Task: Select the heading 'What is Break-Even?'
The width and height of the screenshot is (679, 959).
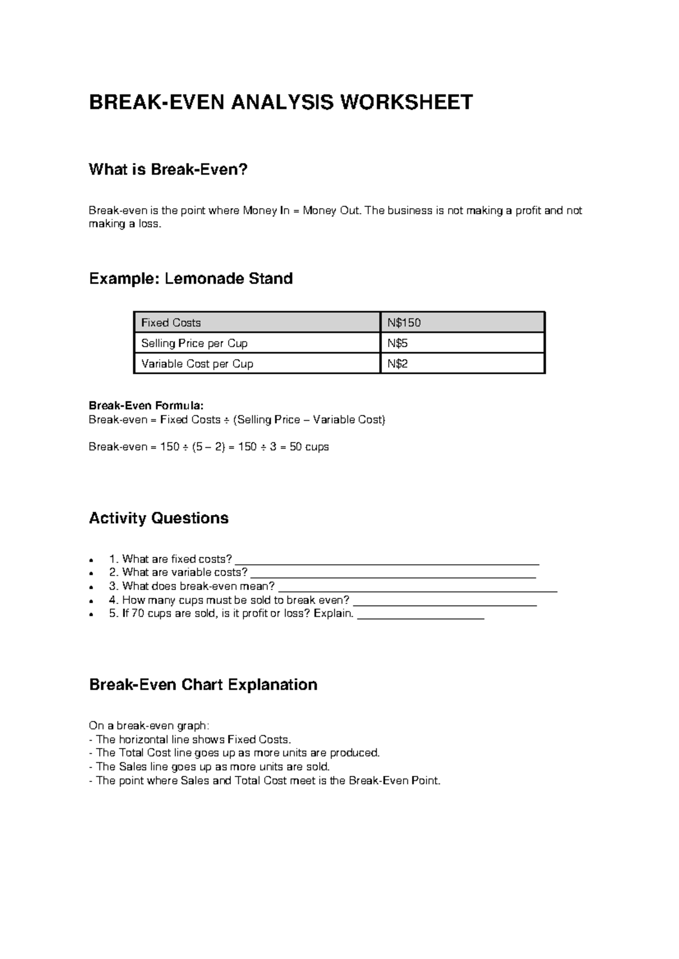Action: coord(168,170)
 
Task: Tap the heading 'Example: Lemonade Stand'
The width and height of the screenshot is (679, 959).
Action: coord(191,279)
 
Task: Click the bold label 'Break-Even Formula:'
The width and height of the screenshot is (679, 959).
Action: coord(145,406)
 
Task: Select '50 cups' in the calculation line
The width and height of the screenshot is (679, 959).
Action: coord(309,447)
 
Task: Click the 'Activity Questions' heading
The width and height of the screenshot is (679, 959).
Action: coord(158,519)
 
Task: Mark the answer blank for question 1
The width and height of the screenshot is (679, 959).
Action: coord(387,563)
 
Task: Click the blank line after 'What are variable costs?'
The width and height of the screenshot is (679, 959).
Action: coord(393,576)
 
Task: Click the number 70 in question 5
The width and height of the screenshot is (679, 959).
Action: coord(137,614)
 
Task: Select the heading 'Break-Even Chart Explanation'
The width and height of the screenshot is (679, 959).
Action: coord(203,685)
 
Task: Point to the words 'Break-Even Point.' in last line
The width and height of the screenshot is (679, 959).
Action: coord(394,781)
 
